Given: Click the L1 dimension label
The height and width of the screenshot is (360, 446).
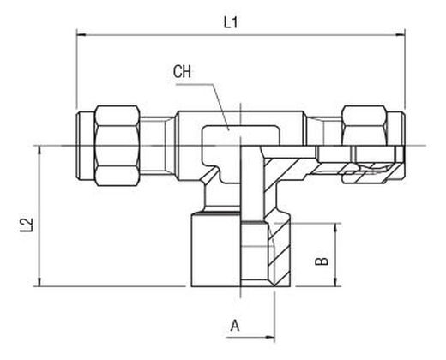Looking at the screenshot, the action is pos(231,22).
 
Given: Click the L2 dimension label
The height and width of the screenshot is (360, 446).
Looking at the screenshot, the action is pos(27,225).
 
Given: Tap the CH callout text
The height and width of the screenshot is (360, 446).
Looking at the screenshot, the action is pos(182,72).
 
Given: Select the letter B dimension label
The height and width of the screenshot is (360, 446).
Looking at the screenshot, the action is pos(322,261).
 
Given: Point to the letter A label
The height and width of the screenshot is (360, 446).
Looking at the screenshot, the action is pos(235,326).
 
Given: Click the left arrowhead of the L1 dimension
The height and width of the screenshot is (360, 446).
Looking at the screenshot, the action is pos(81,35).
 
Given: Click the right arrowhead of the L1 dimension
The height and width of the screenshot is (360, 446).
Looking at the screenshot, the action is pos(400,35).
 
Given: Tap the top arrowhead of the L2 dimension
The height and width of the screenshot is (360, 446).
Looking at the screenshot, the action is pos(39,151).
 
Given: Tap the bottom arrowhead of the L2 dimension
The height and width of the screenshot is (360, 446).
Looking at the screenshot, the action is pos(39,281).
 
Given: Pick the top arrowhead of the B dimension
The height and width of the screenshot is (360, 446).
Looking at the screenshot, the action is pos(336,228).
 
